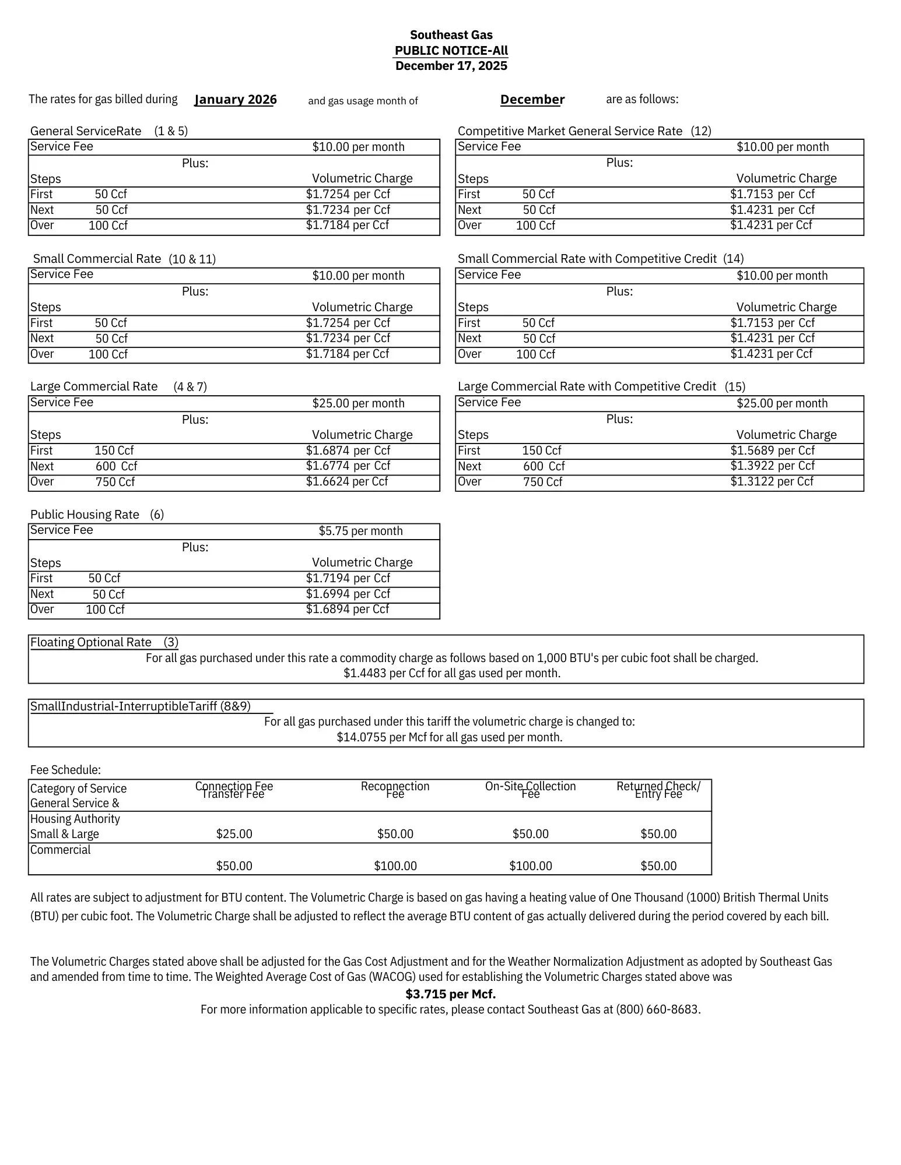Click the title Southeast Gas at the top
(x=451, y=35)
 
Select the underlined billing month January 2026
(x=235, y=100)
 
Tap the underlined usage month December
(x=532, y=100)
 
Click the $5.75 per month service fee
(x=360, y=531)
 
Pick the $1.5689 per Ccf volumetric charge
(x=772, y=450)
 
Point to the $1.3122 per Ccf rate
(x=772, y=481)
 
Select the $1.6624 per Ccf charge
(x=347, y=481)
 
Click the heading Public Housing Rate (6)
(x=97, y=515)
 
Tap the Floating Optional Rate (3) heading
(x=104, y=642)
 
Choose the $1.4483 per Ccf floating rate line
(x=451, y=674)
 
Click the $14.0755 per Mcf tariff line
(x=449, y=737)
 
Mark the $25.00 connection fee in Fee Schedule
(x=234, y=834)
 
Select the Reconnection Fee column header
(x=395, y=790)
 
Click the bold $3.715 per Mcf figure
(x=450, y=994)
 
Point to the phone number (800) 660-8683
(x=658, y=1009)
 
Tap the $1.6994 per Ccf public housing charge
(x=348, y=594)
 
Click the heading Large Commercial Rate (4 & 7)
(x=118, y=386)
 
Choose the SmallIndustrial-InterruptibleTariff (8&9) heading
(x=140, y=706)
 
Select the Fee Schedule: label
(x=65, y=770)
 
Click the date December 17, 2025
(x=451, y=66)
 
